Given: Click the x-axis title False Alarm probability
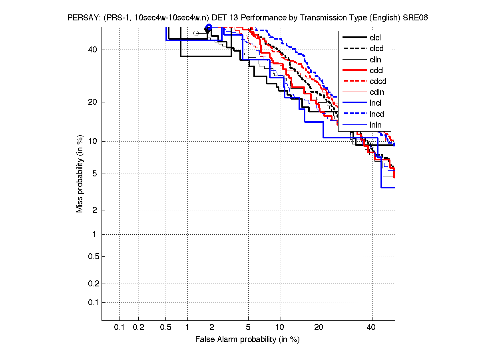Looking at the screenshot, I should [x=247, y=339].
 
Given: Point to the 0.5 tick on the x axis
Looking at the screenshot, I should [x=166, y=328].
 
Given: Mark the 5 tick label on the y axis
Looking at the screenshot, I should [x=94, y=174].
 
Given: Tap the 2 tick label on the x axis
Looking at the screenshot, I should [x=212, y=328].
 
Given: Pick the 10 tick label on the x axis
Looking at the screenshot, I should [x=281, y=328].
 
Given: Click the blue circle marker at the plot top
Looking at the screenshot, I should [x=209, y=27].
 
